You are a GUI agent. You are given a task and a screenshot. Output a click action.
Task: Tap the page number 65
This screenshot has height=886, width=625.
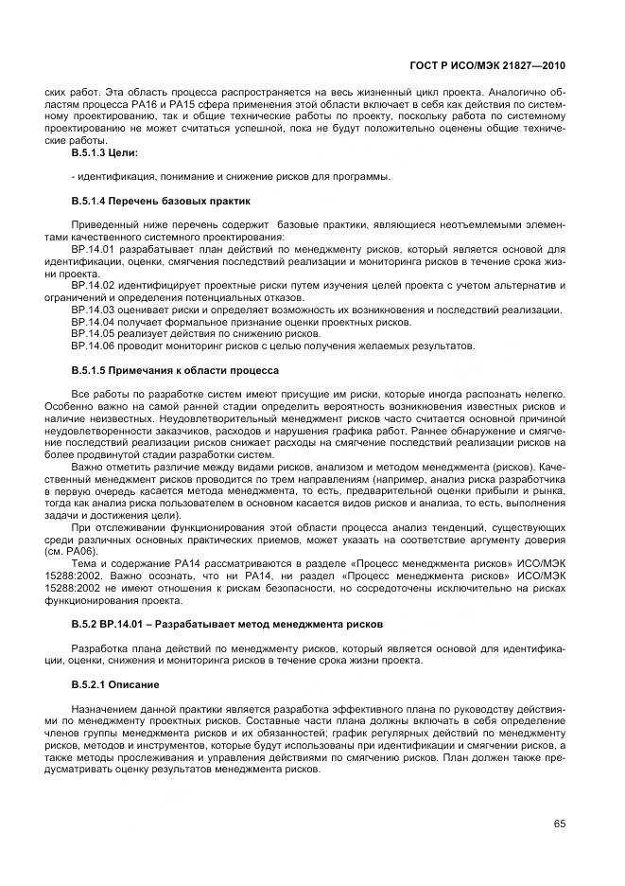click(x=560, y=824)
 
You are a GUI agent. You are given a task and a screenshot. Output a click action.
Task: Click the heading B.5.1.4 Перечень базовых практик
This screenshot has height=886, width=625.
click(x=160, y=201)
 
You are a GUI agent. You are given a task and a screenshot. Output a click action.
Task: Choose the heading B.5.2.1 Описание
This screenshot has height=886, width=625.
click(x=112, y=683)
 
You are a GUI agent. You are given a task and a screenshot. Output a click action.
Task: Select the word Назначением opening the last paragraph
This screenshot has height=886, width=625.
click(x=105, y=708)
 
